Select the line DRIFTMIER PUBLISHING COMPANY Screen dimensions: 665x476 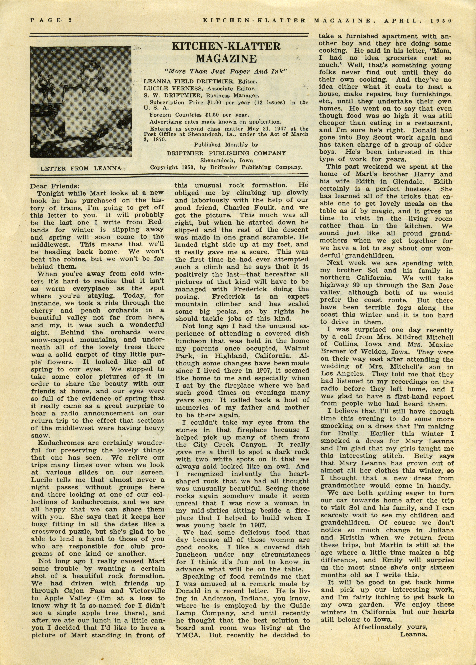[x=226, y=153]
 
